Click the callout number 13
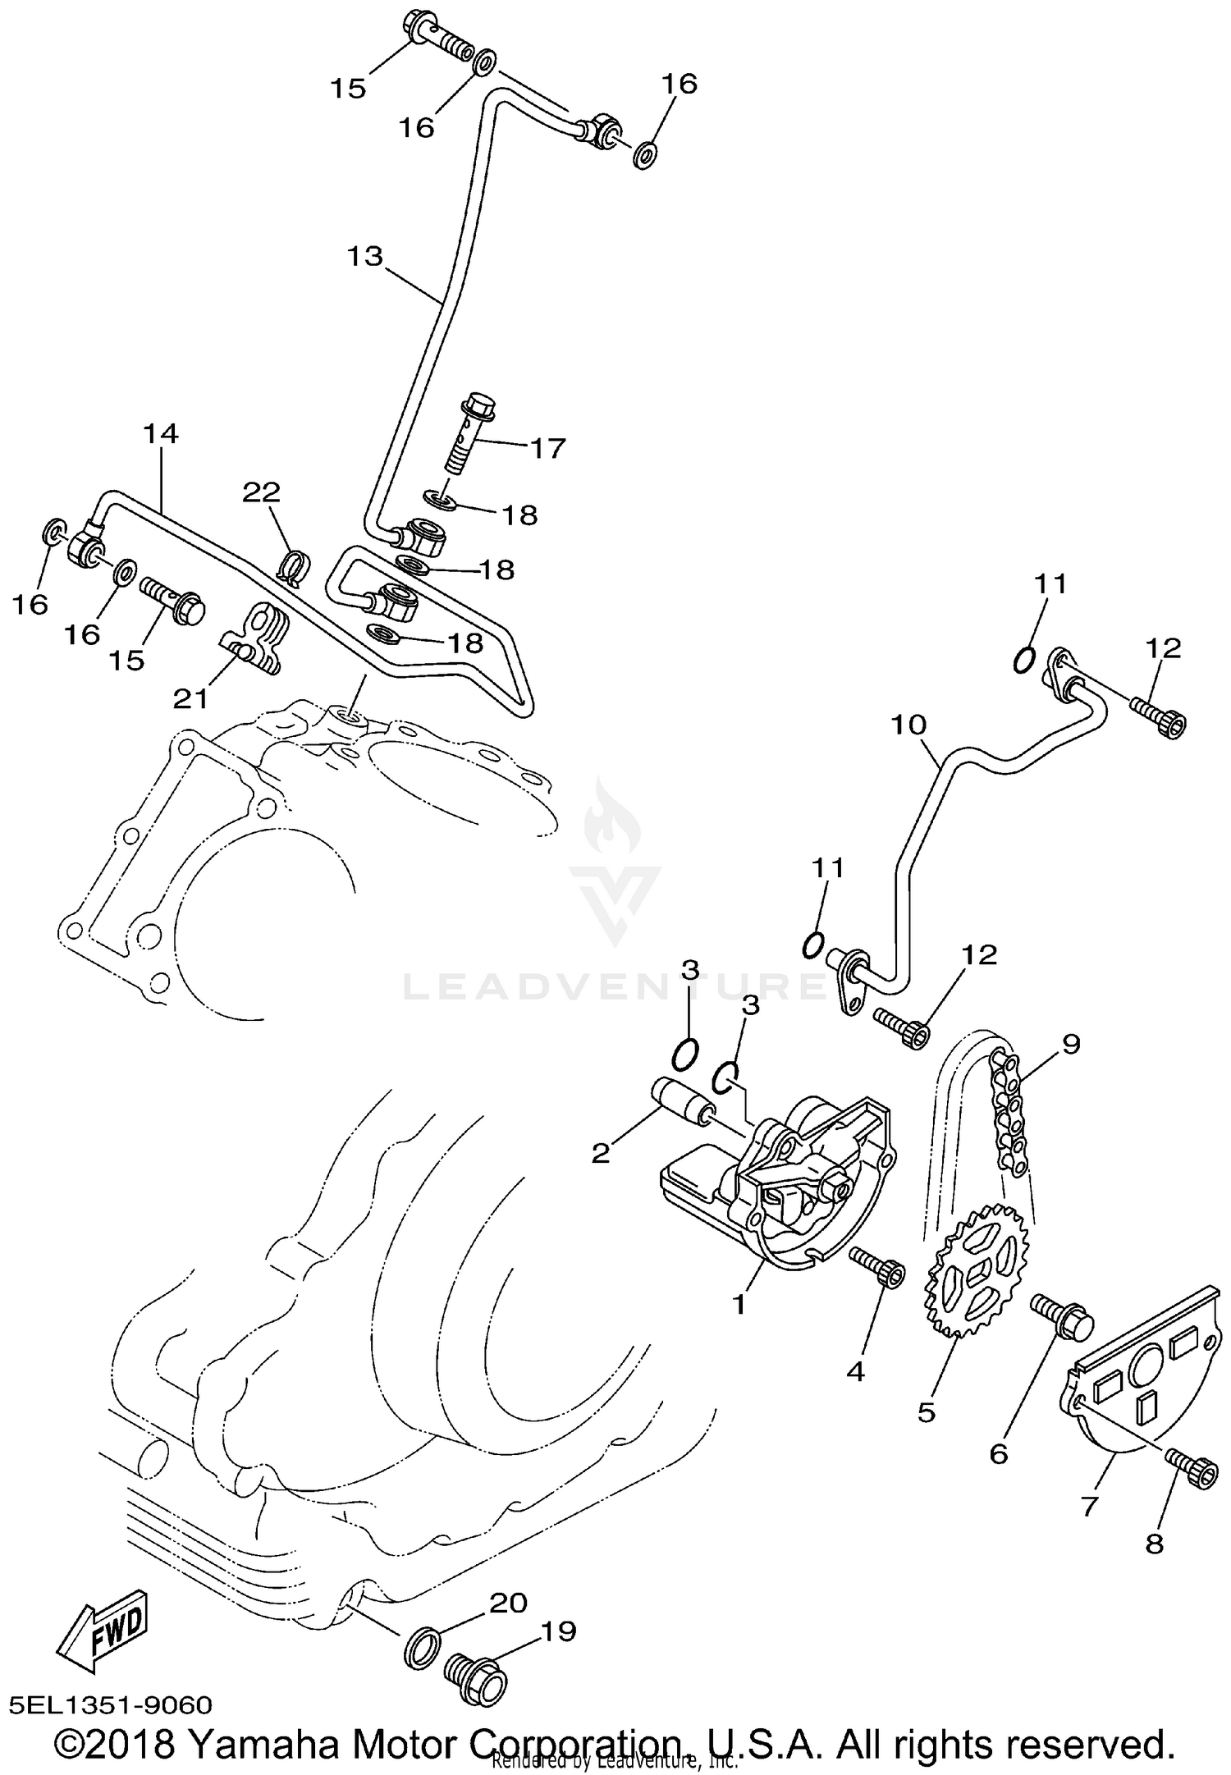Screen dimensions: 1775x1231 (364, 257)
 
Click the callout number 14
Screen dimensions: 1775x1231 (161, 433)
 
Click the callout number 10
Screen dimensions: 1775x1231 (908, 725)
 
